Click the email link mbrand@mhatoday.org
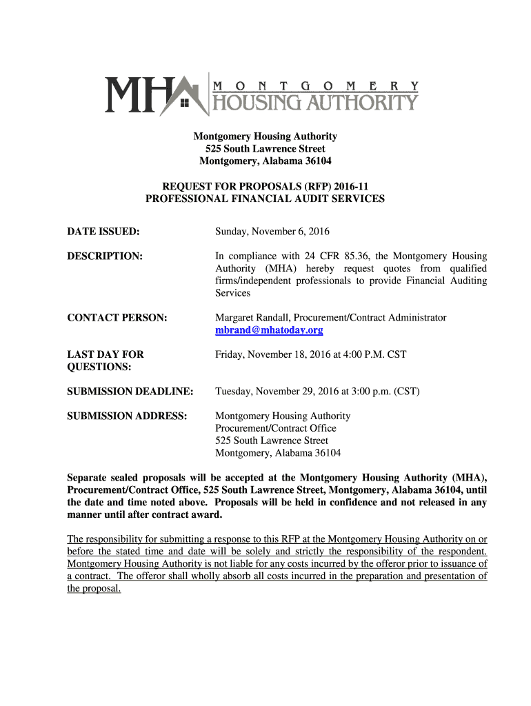click(x=269, y=330)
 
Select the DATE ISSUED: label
click(x=103, y=232)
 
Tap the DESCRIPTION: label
click(x=105, y=256)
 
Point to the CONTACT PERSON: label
click(x=117, y=318)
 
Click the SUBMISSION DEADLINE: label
click(x=130, y=392)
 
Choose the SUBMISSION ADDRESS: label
click(x=127, y=416)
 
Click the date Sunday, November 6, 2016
click(x=272, y=232)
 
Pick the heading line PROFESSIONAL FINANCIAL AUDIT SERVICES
click(x=265, y=199)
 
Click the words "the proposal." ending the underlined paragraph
click(x=94, y=589)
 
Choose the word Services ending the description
click(x=232, y=293)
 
